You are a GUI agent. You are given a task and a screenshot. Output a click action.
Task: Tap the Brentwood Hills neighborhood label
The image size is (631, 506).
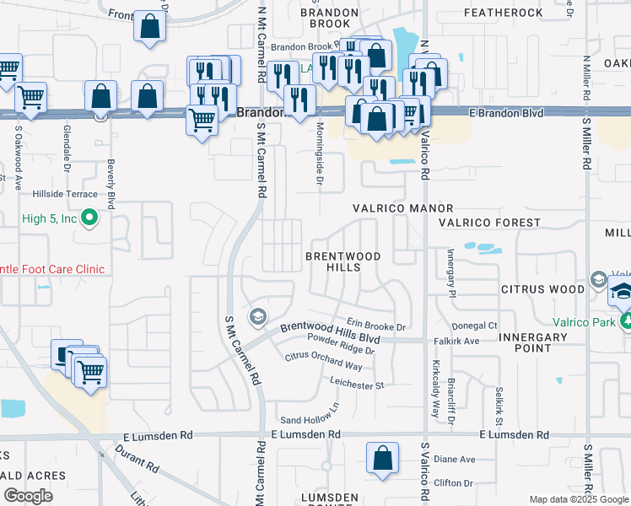pyautogui.click(x=342, y=261)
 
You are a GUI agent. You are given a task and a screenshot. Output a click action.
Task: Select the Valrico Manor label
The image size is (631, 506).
pyautogui.click(x=402, y=208)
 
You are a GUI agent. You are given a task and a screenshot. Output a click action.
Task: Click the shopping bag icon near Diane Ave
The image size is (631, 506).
pyautogui.click(x=382, y=459)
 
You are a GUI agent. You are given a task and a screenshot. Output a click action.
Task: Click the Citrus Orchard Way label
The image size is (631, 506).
pyautogui.click(x=323, y=362)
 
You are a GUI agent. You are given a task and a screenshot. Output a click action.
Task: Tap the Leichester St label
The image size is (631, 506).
pyautogui.click(x=357, y=385)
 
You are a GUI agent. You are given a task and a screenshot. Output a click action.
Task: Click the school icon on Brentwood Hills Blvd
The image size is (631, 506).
pyautogui.click(x=257, y=317)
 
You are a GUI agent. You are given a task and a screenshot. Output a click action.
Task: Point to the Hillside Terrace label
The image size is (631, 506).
pyautogui.click(x=65, y=193)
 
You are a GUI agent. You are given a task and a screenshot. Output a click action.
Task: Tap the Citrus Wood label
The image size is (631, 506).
pyautogui.click(x=542, y=289)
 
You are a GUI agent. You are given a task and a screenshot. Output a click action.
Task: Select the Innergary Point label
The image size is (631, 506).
pyautogui.click(x=534, y=342)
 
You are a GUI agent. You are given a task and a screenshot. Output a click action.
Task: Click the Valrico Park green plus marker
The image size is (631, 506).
pyautogui.click(x=626, y=321)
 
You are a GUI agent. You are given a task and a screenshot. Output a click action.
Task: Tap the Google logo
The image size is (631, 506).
pyautogui.click(x=28, y=496)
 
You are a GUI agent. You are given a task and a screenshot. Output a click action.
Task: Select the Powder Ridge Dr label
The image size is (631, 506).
pyautogui.click(x=340, y=349)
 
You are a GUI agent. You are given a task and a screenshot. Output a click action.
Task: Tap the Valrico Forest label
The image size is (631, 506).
pyautogui.click(x=489, y=223)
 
